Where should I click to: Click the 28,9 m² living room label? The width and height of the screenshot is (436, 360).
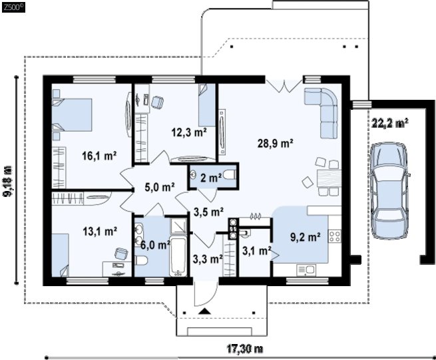[276, 144]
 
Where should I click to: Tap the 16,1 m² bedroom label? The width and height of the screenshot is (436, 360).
[99, 156]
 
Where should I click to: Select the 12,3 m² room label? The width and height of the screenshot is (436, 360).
[189, 132]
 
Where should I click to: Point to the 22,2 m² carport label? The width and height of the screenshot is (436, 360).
[390, 123]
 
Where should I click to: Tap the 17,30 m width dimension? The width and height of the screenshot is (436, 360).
[245, 349]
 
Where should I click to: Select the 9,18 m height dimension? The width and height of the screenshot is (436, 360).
[7, 181]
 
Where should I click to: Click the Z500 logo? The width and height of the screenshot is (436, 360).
[13, 7]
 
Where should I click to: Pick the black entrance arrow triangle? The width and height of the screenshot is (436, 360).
[205, 311]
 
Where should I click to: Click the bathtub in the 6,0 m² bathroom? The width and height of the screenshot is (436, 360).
[178, 257]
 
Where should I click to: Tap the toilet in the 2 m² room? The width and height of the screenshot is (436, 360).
[230, 176]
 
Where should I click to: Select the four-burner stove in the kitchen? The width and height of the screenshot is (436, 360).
[335, 236]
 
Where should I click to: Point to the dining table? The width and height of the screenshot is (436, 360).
[329, 178]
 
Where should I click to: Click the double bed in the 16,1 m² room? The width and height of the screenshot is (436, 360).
[73, 114]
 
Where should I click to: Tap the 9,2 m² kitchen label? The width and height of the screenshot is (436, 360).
[306, 237]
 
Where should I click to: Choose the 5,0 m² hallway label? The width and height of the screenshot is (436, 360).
[160, 187]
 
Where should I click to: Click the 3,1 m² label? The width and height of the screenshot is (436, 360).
[257, 251]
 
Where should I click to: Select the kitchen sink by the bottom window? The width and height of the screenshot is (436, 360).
[306, 270]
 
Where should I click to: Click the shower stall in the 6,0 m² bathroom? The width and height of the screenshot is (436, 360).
[178, 226]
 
